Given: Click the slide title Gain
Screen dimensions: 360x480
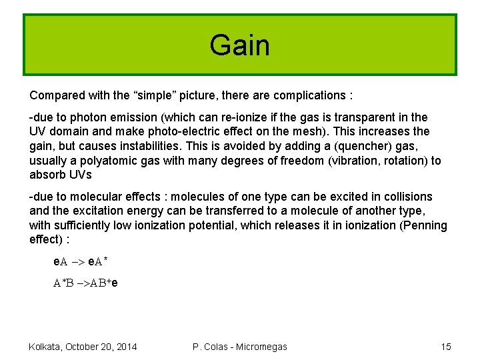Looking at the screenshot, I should [x=239, y=45].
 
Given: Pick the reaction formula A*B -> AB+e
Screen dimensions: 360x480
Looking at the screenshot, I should [x=86, y=282].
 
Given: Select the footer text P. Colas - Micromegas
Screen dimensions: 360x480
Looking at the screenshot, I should [x=239, y=347].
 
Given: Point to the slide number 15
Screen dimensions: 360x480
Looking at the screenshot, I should [x=446, y=347].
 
